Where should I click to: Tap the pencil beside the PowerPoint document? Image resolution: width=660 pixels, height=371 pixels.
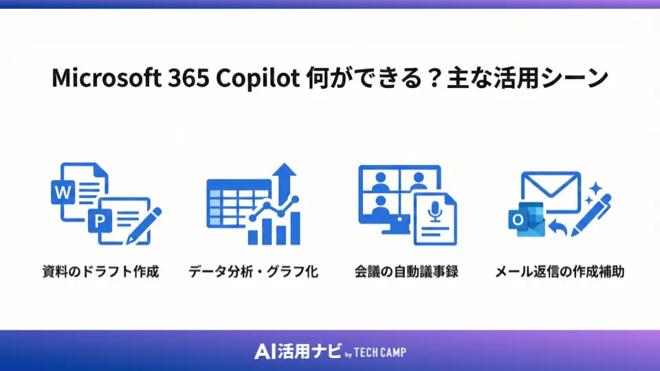[x=146, y=224]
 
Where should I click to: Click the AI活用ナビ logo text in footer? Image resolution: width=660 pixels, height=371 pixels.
[x=297, y=352]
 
